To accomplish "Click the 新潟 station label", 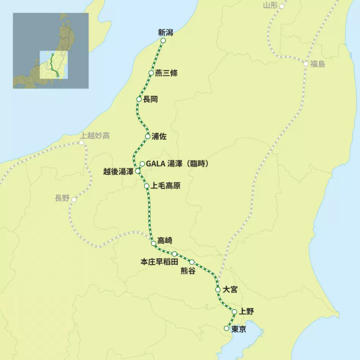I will coord(165,32).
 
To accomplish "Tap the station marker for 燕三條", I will coord(151,73).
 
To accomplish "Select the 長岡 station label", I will coord(150,99).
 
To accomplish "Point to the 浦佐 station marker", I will coord(147,136).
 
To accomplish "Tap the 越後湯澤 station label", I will coord(118,171).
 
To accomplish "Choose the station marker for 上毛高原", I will coord(146,186).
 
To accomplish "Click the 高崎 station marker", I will coord(154,243).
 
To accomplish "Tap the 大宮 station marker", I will coord(217,289).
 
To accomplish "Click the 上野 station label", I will coord(246,311).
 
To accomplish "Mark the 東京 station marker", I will coord(226,328).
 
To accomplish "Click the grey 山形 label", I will coord(269,5).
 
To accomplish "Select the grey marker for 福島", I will coord(306,64).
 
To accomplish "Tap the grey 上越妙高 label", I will coord(95,135).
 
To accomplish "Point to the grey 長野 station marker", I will coord(74,199).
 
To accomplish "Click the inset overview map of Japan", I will coord(50,50).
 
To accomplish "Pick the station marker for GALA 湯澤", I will coord(142,164).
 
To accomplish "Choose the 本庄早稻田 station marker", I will coord(174,254).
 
